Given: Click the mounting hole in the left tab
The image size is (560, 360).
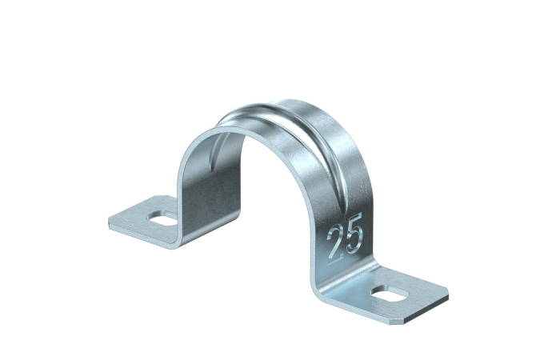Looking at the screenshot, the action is (x=162, y=218).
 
